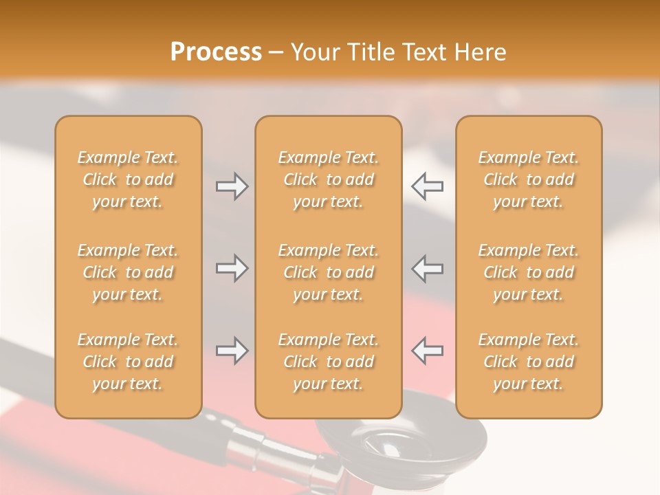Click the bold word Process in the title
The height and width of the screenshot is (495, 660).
point(216,52)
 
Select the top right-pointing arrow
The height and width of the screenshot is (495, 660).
point(232,186)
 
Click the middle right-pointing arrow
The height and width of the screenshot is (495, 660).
point(232,268)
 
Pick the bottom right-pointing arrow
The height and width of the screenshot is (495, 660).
point(232,351)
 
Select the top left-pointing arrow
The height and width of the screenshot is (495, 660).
point(428,186)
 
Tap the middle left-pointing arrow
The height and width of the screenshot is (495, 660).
point(428,268)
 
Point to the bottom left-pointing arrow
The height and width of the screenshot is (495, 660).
point(428,351)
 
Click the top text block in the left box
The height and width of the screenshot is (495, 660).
point(128,179)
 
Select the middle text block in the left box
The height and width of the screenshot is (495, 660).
point(128,272)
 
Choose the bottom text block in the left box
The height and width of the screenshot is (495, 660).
point(128,362)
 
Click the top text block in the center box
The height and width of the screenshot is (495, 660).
point(328,179)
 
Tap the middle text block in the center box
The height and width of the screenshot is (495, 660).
point(328,272)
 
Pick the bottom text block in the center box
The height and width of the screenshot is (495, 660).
point(328,362)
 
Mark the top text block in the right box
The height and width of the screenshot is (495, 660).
point(528,179)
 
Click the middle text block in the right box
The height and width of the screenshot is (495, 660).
point(528,272)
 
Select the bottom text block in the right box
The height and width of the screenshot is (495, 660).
point(528,362)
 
